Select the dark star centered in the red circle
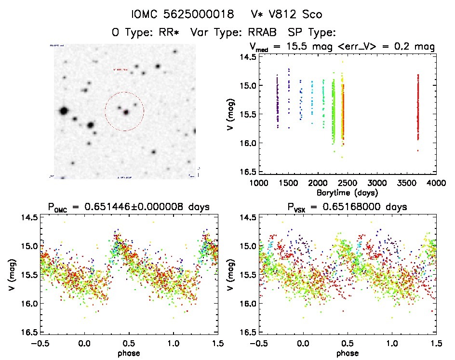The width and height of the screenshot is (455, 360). (x=126, y=112)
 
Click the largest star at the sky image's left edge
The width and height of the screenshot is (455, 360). (x=63, y=111)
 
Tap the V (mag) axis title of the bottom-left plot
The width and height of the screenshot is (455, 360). (x=11, y=275)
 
